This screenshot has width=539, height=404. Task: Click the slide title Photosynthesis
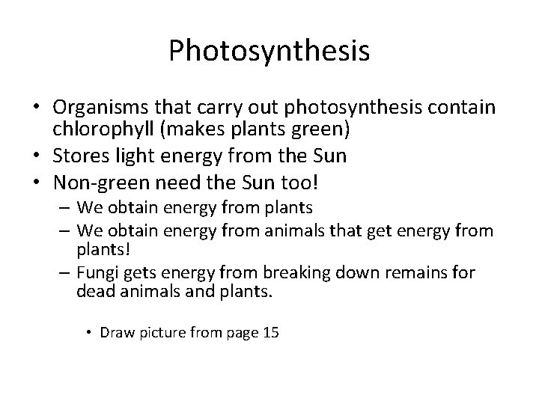(x=269, y=51)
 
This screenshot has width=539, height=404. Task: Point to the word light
(x=126, y=157)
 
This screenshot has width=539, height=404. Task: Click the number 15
(x=269, y=332)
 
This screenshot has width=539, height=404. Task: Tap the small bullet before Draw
(x=89, y=333)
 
